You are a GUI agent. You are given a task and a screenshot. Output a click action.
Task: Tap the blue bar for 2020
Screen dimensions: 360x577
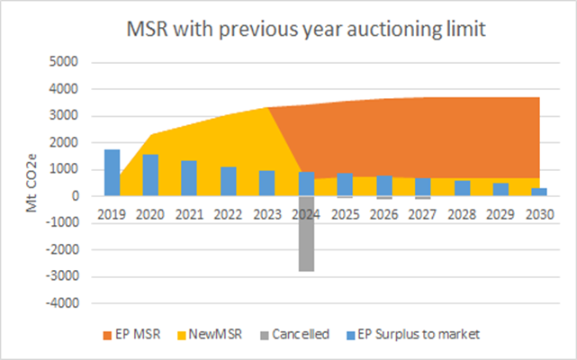pos(150,175)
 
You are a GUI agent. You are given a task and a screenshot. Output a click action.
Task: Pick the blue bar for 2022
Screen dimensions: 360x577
pos(229,182)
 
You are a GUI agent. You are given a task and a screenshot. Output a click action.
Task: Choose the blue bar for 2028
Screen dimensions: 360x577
pos(462,188)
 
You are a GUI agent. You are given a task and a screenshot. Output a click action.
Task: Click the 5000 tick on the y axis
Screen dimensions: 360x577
pos(66,62)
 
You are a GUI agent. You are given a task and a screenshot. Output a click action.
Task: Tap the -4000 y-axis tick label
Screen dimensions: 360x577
pos(64,303)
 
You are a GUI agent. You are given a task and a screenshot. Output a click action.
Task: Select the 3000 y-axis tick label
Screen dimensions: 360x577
pos(66,115)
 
